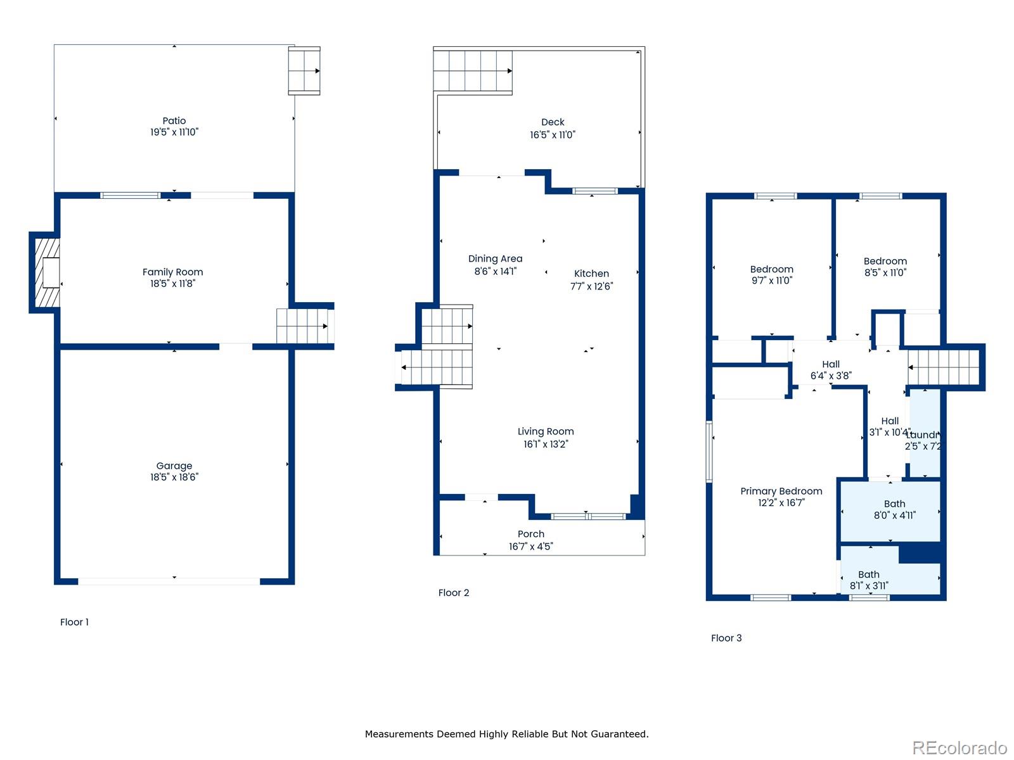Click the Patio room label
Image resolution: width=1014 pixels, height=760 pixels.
point(174,121)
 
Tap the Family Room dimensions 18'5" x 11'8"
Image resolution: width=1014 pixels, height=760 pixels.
point(172,284)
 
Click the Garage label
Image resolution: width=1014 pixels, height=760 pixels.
point(174,465)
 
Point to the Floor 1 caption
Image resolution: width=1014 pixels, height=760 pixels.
point(74,622)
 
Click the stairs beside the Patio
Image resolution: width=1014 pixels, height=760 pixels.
point(304,71)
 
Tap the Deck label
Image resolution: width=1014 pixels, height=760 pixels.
point(553,122)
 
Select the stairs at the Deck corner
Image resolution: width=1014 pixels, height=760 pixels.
point(473,71)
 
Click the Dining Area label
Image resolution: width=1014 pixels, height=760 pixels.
point(495,258)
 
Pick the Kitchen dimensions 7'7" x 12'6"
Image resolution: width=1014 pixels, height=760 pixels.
point(591,286)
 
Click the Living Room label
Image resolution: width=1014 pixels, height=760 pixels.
point(546,431)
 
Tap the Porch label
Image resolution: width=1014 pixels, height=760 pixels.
point(530,534)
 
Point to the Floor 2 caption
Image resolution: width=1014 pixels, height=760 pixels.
point(454,593)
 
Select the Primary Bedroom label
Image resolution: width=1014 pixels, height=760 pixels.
point(781,491)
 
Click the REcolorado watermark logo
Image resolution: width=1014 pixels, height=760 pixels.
point(959,748)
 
